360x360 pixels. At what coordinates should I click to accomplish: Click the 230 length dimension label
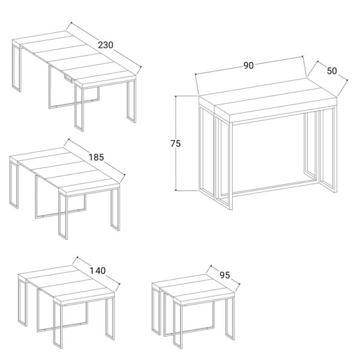tap(106, 45)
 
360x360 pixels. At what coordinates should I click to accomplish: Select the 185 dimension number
tap(97, 157)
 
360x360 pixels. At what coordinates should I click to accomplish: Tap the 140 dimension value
tap(98, 271)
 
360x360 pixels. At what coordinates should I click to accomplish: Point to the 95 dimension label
tap(224, 275)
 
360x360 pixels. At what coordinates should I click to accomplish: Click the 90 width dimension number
tap(248, 65)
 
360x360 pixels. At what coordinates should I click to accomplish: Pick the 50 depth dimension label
tap(332, 71)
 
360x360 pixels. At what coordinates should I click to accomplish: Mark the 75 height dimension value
tap(176, 143)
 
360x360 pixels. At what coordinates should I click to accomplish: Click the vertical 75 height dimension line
tap(176, 143)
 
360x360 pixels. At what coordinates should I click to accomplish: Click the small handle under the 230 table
tap(68, 79)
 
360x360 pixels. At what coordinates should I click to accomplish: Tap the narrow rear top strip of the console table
tap(253, 92)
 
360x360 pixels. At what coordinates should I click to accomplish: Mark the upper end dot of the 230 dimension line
tap(71, 23)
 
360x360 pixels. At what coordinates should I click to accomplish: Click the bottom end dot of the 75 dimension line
tap(176, 190)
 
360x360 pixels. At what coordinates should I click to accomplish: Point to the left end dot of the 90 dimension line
tap(196, 74)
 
